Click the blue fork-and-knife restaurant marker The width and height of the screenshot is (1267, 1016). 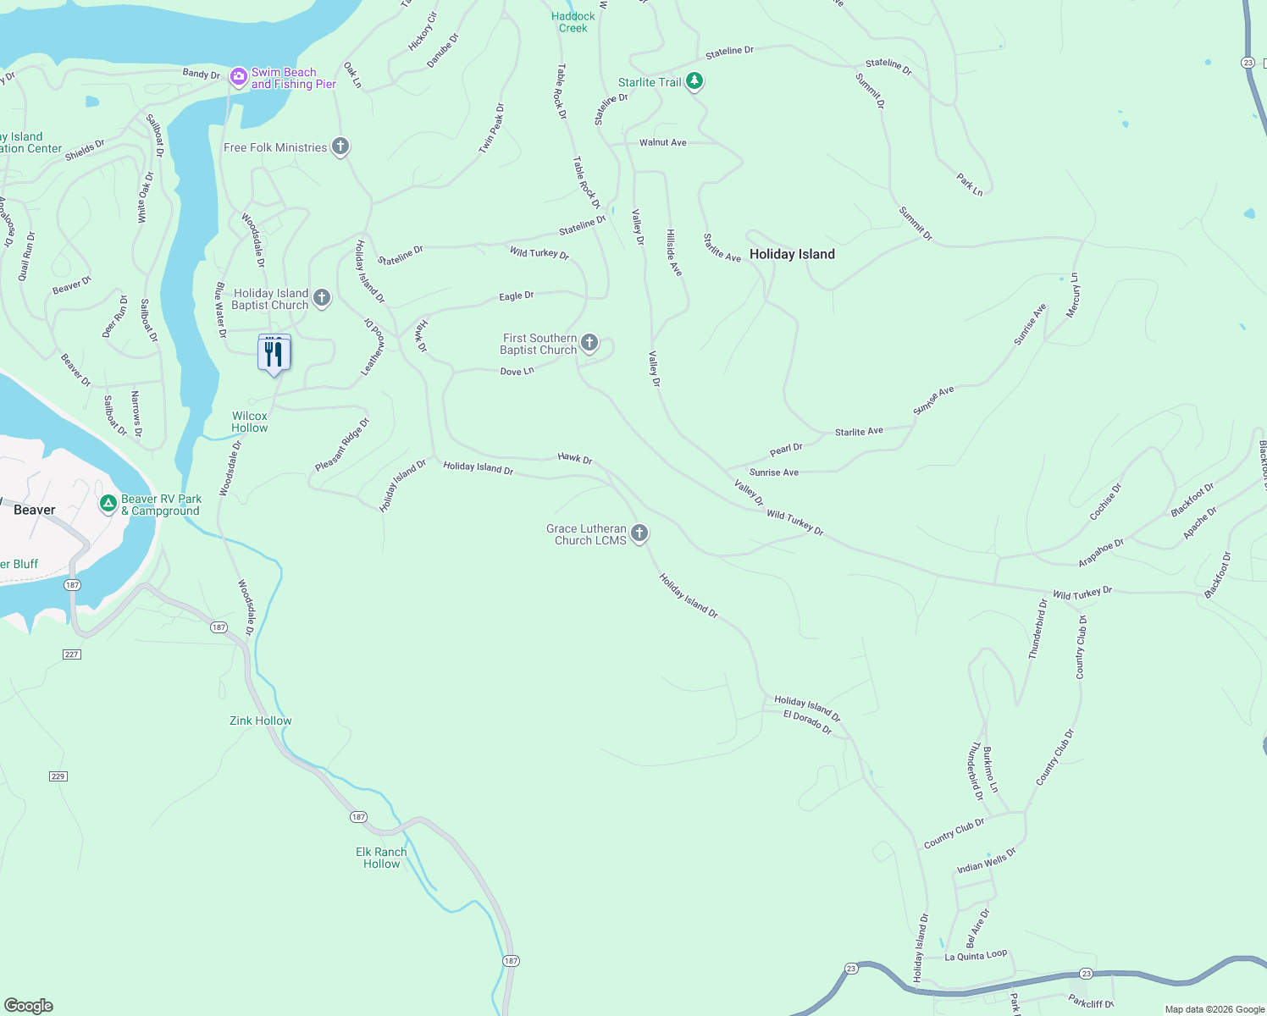(274, 354)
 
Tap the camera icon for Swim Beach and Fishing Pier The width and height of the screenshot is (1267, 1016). (239, 78)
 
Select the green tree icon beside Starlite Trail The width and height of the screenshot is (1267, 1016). (694, 81)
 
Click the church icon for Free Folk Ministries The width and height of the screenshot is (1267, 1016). (340, 147)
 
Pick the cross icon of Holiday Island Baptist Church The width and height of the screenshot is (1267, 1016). (322, 298)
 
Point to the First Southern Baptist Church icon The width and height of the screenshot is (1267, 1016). (589, 343)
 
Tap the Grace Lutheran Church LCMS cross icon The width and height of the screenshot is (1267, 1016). (639, 533)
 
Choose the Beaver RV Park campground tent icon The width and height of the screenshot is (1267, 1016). (108, 505)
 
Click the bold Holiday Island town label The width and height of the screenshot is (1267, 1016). (792, 254)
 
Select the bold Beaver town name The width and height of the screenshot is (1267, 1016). (35, 510)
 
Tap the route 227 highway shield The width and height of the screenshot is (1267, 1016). (71, 654)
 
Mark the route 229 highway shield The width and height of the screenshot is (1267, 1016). (58, 776)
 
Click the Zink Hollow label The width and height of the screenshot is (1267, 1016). (261, 721)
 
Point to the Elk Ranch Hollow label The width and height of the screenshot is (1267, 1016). (381, 858)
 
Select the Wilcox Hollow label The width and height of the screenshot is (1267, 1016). (250, 422)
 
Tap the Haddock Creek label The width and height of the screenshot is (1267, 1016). (573, 22)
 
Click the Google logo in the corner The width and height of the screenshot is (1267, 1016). (29, 1005)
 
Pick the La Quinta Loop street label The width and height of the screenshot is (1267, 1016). (976, 955)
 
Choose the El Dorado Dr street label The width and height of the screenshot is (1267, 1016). (807, 721)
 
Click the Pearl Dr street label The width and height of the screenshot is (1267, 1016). (786, 449)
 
